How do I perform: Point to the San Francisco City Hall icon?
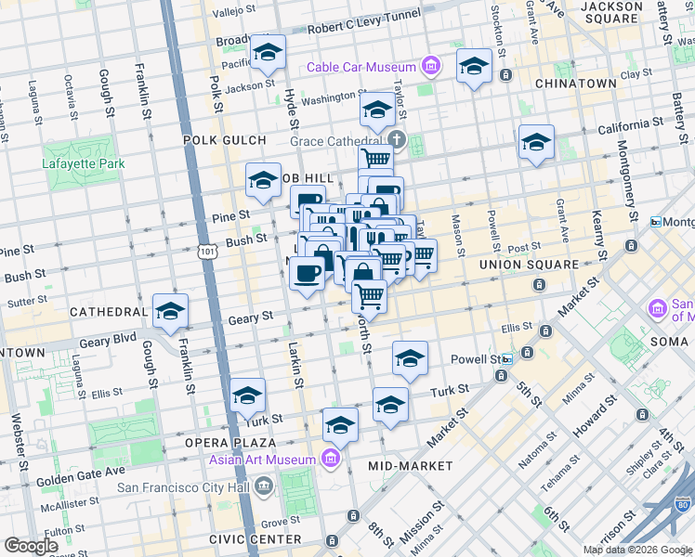[x=265, y=485]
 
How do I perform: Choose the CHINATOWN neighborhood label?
[x=576, y=84]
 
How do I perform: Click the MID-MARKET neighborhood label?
[x=410, y=465]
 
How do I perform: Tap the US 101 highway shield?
[x=206, y=252]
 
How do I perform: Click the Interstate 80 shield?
[x=684, y=506]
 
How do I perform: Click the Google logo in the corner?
[x=31, y=546]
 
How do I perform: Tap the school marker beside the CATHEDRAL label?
[x=170, y=312]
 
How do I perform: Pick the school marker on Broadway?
[x=268, y=53]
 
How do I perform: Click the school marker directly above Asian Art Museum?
[x=341, y=425]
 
